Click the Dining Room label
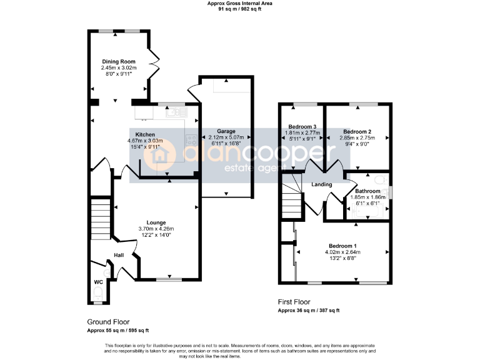click(x=119, y=62)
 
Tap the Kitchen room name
click(x=145, y=134)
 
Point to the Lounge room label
click(x=156, y=222)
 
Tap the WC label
click(x=97, y=282)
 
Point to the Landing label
click(x=322, y=184)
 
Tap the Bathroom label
click(x=367, y=191)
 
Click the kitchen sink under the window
click(x=174, y=112)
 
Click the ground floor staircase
click(x=100, y=219)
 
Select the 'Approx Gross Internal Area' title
click(x=239, y=3)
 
